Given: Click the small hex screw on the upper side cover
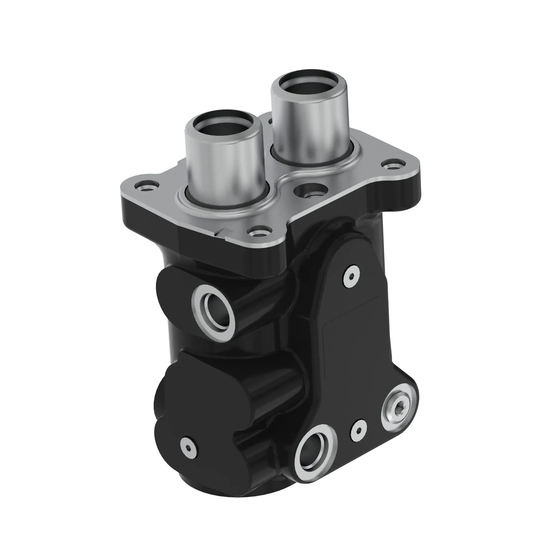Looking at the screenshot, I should (x=351, y=276).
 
